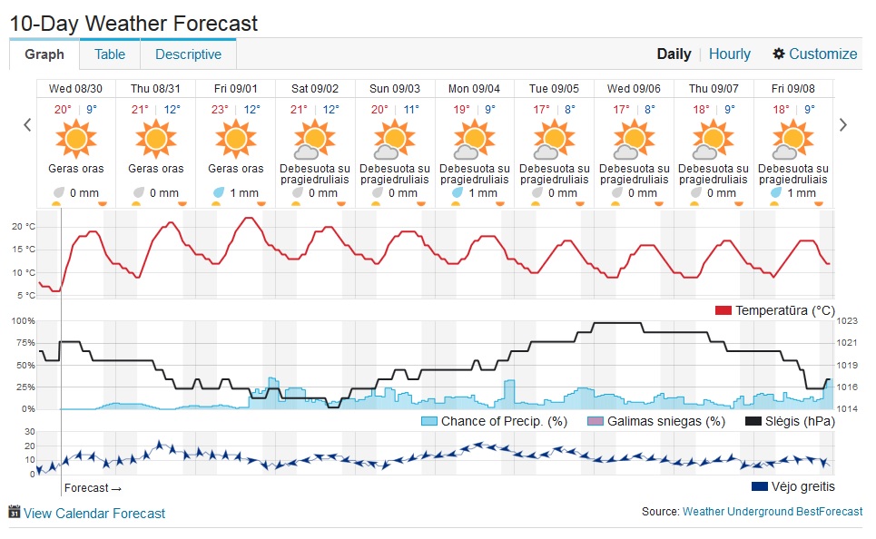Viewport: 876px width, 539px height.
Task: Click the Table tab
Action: coord(110,54)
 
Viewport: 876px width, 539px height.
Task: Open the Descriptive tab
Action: coord(188,54)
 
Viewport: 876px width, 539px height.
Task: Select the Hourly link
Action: coord(730,54)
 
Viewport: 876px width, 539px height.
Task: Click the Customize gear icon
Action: coord(779,54)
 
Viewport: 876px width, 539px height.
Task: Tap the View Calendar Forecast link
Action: coord(94,514)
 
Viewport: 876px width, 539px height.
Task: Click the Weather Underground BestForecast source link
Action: coord(773,511)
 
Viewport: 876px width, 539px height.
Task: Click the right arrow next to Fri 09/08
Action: coord(843,125)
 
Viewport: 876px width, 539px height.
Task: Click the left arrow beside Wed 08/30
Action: coord(27,125)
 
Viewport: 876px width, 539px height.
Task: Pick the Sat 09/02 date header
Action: coord(315,88)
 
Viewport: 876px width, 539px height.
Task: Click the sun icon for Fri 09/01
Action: coord(236,139)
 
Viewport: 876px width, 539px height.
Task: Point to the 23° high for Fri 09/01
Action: coord(220,110)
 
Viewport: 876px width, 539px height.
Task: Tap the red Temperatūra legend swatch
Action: coord(723,310)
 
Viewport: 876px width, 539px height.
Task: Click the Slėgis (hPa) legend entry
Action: coord(791,421)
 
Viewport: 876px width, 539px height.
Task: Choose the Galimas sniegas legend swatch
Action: coord(595,421)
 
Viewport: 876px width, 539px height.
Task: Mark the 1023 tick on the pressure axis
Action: coord(847,320)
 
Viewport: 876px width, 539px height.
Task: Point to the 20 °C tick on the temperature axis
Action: coord(24,226)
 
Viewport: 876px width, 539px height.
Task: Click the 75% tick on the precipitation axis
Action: coord(24,343)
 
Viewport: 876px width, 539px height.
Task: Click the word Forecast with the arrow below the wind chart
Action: coord(93,488)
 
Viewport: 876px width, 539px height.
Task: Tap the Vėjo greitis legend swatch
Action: coord(760,486)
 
